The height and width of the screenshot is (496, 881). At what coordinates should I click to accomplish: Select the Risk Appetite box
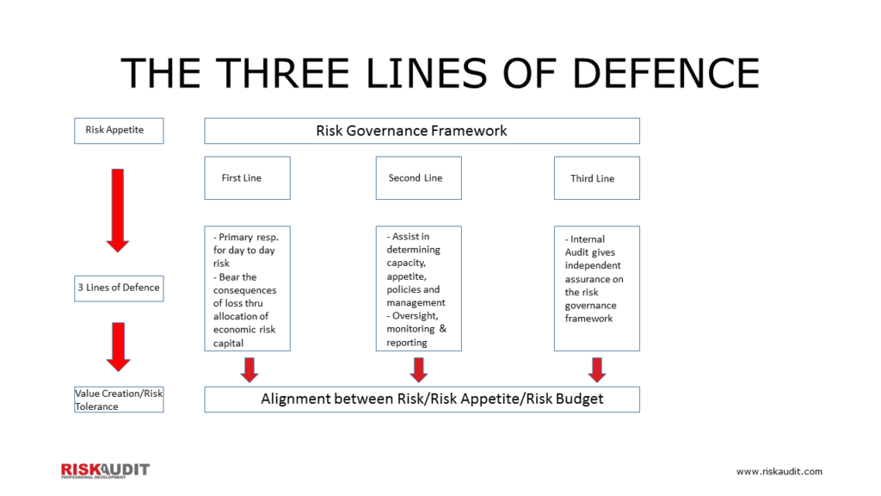[119, 131]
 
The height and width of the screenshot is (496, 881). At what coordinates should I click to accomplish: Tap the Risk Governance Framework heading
[422, 131]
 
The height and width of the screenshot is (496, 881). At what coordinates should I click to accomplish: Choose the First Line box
[247, 178]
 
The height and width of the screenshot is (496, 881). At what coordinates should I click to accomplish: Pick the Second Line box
[418, 178]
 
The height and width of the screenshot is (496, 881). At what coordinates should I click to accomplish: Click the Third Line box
[596, 178]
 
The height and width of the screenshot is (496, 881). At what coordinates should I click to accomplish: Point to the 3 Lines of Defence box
[119, 288]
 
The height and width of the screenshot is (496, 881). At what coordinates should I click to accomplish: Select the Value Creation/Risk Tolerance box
[119, 400]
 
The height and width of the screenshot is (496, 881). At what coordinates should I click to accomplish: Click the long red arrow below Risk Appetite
[118, 209]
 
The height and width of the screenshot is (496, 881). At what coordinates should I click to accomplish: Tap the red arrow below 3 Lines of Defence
[118, 346]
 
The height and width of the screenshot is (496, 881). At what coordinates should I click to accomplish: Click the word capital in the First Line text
[229, 343]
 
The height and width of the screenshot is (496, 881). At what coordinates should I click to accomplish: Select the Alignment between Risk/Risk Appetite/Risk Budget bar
[422, 400]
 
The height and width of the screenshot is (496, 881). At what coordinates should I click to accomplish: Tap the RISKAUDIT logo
[104, 470]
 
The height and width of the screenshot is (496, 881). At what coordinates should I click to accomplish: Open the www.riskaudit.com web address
[779, 472]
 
